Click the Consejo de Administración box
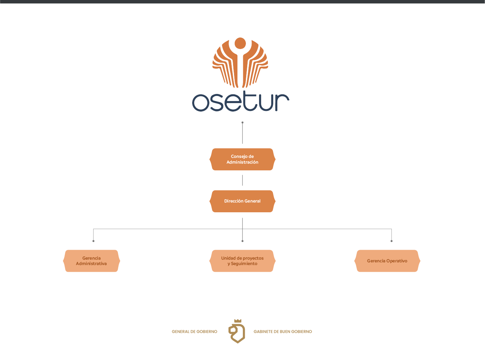coord(242,159)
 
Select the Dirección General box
coord(242,201)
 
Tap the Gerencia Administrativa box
coord(92,261)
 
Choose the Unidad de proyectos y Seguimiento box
coord(242,261)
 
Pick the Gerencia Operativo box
coord(387,261)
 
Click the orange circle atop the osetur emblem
coord(240,43)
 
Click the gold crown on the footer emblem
coord(238,321)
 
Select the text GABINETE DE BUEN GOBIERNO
coord(283,332)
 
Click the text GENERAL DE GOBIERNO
coord(194,332)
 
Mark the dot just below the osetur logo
coord(242,122)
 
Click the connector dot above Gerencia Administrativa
coord(94,241)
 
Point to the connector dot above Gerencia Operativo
coord(391,241)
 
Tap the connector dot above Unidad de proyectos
coord(242,241)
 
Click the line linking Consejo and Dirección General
coord(242,180)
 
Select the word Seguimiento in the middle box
coord(244,264)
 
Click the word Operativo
coord(397,261)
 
